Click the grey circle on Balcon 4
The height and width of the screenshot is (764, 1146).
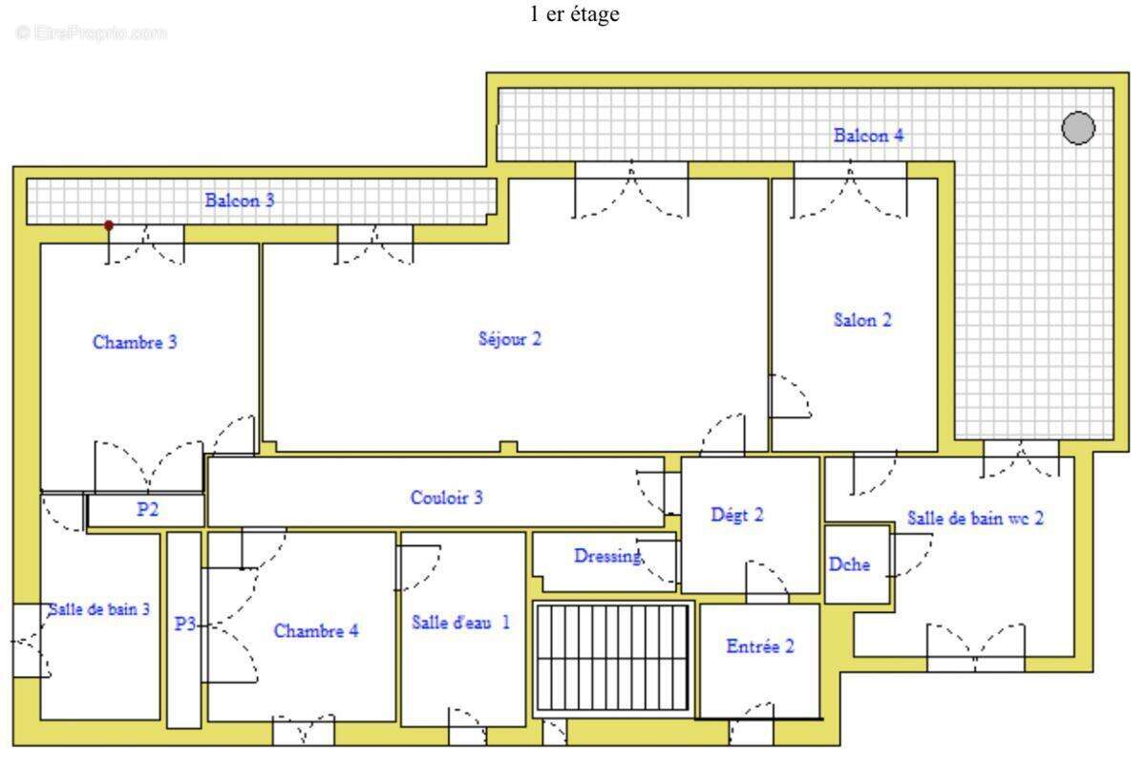click(x=1078, y=128)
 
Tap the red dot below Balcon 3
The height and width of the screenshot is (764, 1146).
click(x=109, y=225)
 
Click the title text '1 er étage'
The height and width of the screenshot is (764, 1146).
click(x=574, y=14)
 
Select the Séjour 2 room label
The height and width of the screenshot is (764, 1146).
click(x=510, y=339)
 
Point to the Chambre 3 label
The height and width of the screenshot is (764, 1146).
click(x=135, y=342)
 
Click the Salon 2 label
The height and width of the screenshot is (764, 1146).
click(x=862, y=320)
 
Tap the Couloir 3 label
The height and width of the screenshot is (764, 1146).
click(x=447, y=498)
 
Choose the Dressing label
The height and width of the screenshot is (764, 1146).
click(x=607, y=556)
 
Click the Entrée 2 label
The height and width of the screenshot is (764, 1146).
click(x=760, y=647)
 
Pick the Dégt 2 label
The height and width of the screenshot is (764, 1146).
click(x=737, y=515)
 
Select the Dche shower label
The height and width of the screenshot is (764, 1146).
click(x=849, y=563)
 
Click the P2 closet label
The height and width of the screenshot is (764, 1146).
click(x=147, y=509)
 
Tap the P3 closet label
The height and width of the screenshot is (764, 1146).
click(x=185, y=624)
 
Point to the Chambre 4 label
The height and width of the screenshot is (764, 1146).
click(x=316, y=630)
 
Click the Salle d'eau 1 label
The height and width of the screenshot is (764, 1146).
click(x=460, y=623)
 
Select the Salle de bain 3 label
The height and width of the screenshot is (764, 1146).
click(x=99, y=609)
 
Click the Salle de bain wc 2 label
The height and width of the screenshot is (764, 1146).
click(x=975, y=518)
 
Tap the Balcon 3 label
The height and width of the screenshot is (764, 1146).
click(x=240, y=201)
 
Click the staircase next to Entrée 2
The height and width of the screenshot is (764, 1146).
click(x=612, y=659)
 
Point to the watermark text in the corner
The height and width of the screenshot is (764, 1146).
click(x=91, y=32)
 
